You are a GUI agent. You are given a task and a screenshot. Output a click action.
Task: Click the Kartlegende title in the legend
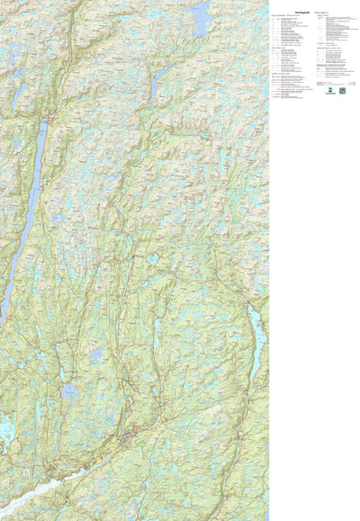point(301,11)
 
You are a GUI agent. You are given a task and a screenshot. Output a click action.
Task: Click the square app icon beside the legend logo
point(343,91)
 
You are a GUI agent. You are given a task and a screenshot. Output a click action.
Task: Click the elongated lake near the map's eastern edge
point(256,333)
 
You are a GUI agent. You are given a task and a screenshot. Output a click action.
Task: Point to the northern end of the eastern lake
point(252,306)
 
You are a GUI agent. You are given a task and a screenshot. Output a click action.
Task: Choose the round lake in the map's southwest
point(68,391)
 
